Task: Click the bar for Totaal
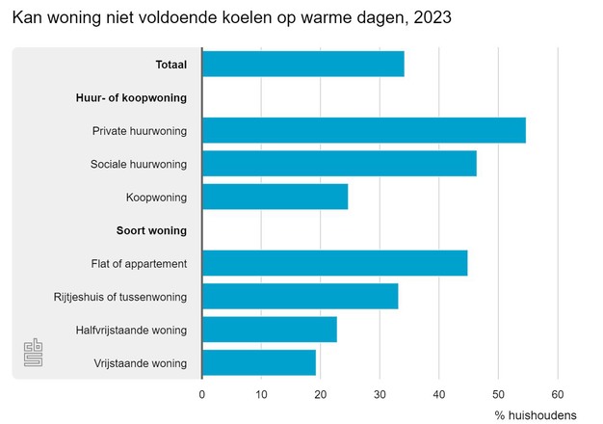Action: [302, 65]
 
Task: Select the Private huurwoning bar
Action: [363, 130]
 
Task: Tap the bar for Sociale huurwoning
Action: [339, 164]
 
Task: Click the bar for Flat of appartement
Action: [334, 263]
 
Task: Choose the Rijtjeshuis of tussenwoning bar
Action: [300, 296]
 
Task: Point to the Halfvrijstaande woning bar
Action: [269, 330]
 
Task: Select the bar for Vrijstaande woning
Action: [258, 362]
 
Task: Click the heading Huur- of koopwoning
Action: [131, 97]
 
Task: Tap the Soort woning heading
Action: [151, 230]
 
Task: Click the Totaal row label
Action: [170, 65]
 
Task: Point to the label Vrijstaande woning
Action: [140, 363]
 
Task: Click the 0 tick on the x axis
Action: [202, 393]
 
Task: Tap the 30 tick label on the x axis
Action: [380, 393]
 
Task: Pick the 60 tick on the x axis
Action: [557, 393]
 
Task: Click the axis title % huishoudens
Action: [536, 415]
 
